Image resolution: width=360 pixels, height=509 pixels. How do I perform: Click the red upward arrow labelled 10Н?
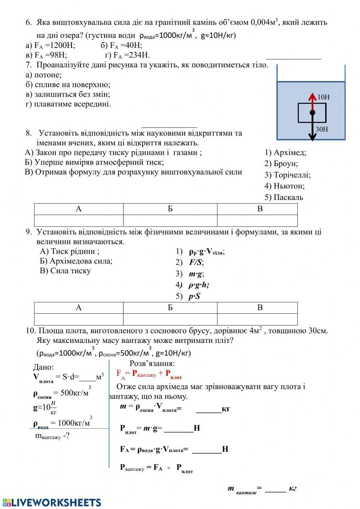[x=312, y=102]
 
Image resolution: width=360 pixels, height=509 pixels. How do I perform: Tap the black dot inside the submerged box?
[x=312, y=113]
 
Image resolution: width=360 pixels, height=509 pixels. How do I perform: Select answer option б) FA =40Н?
[x=121, y=45]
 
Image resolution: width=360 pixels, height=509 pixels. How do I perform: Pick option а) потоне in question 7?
[x=44, y=75]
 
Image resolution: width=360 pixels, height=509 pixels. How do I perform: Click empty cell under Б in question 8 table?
[x=170, y=220]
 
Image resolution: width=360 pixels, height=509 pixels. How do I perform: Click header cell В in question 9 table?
[x=260, y=308]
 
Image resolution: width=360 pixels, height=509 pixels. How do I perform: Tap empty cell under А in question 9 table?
[x=78, y=319]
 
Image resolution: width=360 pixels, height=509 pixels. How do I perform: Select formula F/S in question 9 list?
[x=196, y=262]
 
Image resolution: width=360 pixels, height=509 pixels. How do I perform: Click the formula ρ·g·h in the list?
[x=198, y=285]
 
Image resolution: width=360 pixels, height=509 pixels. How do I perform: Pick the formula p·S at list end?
[x=194, y=296]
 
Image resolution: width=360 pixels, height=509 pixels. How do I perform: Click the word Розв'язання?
[x=152, y=363]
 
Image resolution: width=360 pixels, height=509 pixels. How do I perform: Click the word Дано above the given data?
[x=43, y=367]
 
